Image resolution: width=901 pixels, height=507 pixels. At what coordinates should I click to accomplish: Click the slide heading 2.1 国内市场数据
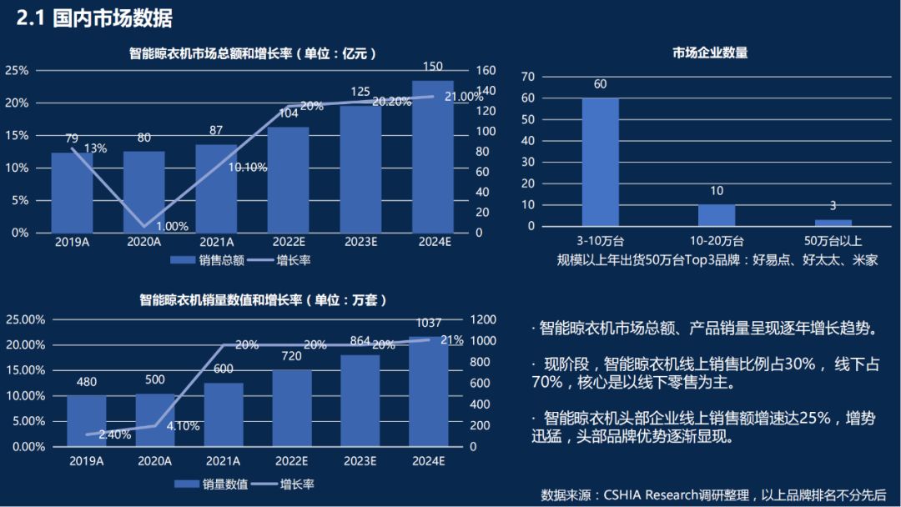pos(95,18)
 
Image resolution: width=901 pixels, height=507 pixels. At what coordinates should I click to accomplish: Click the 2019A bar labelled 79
pos(72,192)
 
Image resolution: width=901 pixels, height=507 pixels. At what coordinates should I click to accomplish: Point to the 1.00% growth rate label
pos(172,226)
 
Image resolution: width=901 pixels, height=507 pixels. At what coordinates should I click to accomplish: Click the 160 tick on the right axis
pos(485,70)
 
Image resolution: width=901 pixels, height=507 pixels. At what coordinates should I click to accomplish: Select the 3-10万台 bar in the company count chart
pos(600,162)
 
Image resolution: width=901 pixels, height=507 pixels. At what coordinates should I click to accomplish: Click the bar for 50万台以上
pos(833,223)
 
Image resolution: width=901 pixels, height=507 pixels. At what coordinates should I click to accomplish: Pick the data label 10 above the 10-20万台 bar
pos(717,192)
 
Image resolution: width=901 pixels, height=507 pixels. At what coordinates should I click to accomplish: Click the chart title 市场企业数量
pos(710,53)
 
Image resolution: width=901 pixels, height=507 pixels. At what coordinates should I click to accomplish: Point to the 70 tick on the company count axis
pos(527,76)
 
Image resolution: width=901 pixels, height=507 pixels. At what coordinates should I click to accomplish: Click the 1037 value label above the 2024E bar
pos(427,323)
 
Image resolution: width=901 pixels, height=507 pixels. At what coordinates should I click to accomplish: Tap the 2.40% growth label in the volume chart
pos(114,434)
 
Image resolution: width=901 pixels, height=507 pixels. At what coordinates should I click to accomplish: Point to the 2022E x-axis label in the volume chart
pos(292,461)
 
